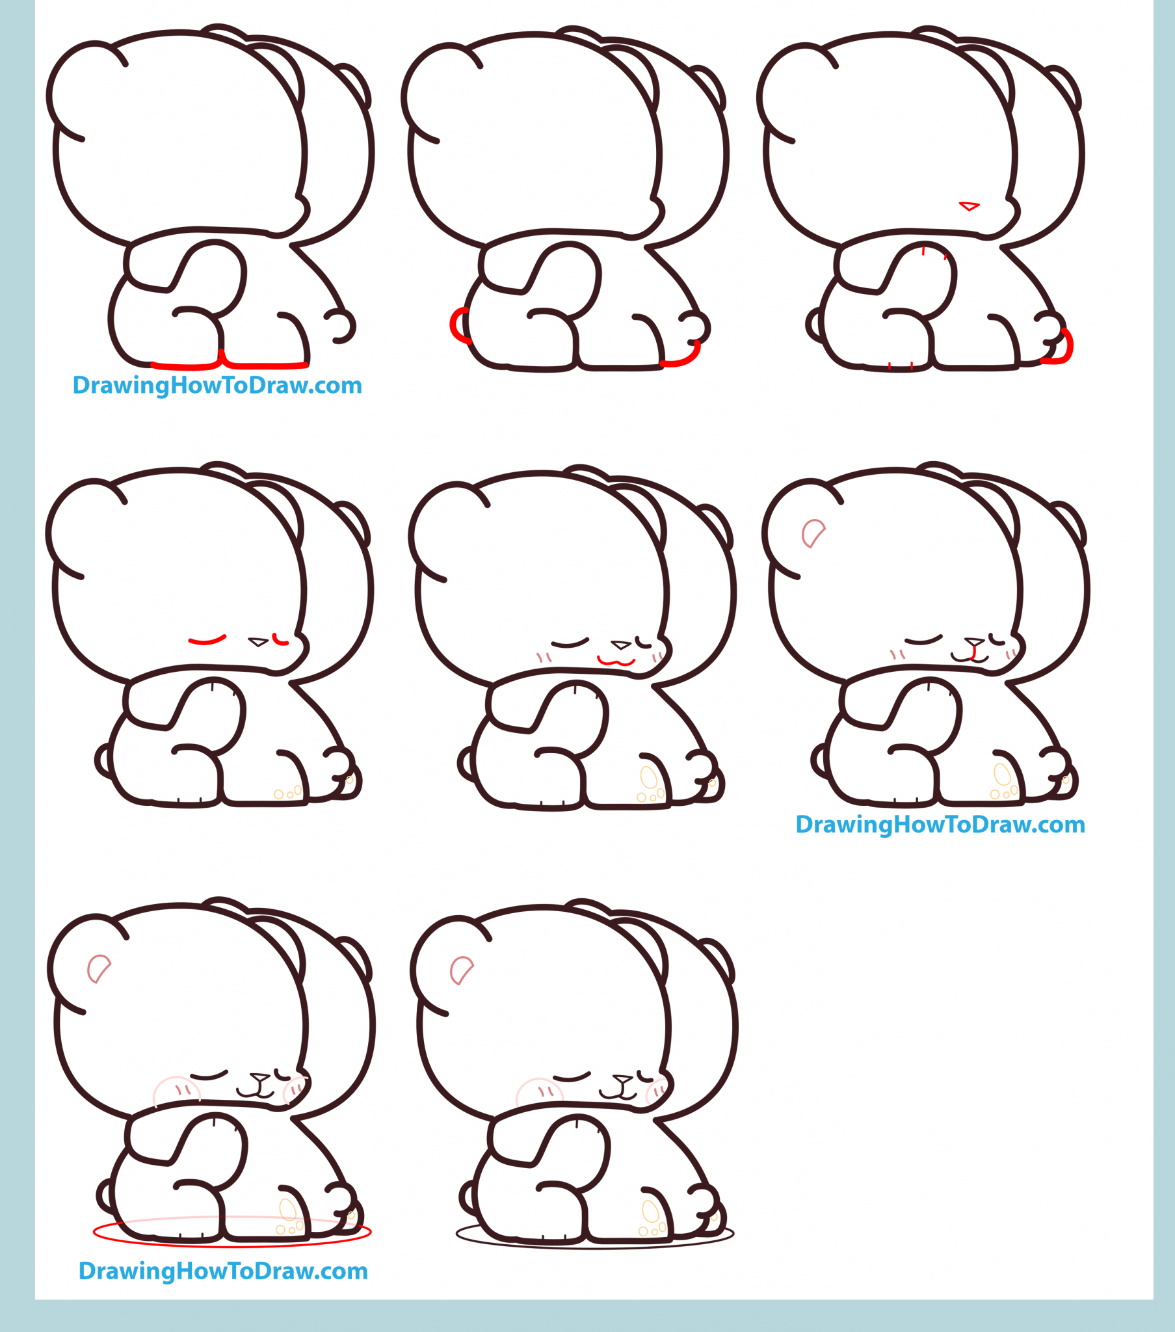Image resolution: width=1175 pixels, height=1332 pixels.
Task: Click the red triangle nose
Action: [969, 207]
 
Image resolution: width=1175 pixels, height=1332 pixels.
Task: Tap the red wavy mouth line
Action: [616, 663]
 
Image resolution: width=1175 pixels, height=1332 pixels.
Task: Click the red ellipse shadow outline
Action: [232, 1245]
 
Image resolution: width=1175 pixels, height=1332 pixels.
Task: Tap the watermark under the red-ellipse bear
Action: [223, 1272]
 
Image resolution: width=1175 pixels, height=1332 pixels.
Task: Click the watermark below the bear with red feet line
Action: [217, 386]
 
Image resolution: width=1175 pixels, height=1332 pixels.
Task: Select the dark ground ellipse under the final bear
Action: [594, 1245]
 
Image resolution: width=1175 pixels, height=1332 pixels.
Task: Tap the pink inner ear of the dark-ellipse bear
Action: [461, 970]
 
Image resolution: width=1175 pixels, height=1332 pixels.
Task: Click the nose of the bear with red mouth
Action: [620, 645]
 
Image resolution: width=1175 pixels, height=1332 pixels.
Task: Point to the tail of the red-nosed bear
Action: [813, 324]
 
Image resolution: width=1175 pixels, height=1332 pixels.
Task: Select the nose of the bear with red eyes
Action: [258, 642]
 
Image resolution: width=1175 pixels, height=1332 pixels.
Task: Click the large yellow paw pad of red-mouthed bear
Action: [648, 777]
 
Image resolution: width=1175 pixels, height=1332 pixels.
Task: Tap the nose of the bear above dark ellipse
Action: [622, 1078]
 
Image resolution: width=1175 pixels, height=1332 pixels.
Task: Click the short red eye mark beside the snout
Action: [280, 641]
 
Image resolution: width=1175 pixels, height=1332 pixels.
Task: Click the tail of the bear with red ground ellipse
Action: [103, 1195]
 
